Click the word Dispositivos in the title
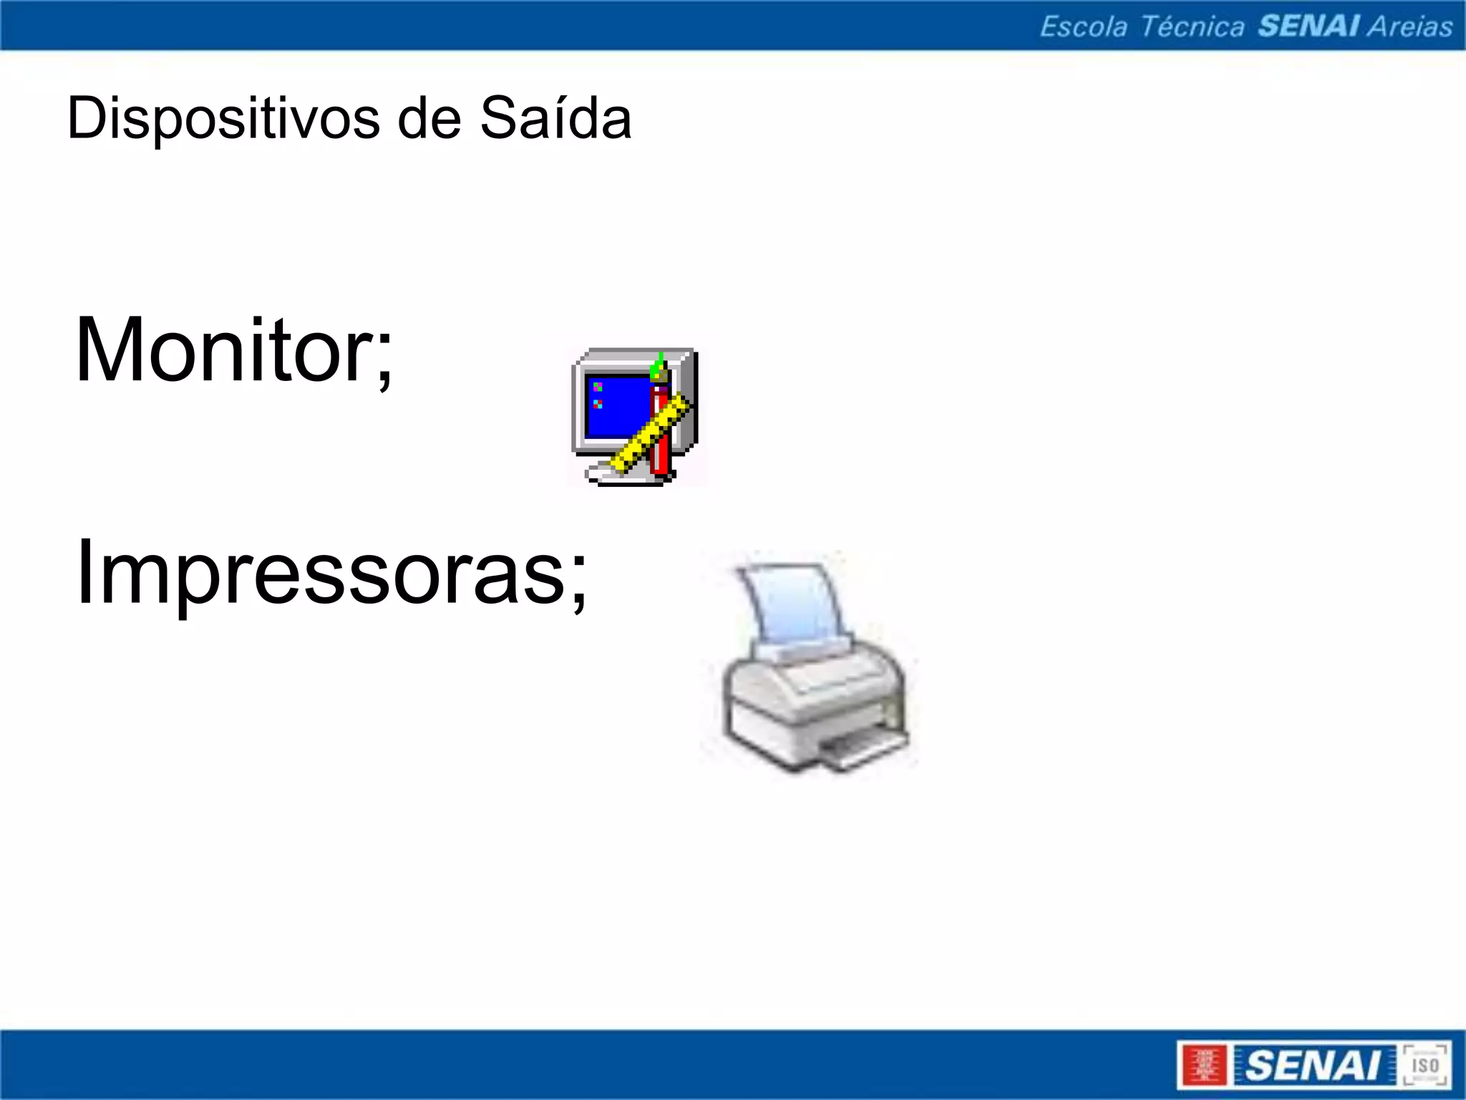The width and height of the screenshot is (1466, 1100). [223, 119]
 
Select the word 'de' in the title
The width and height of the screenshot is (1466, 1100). [429, 119]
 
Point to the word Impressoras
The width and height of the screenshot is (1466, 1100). [322, 573]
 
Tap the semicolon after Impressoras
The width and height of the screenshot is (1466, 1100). [578, 584]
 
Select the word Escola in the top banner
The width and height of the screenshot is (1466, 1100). [1082, 27]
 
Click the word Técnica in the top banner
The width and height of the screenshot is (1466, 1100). [1191, 27]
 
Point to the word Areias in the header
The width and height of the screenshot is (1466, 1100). [1410, 27]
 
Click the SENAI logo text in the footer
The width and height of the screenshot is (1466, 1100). [1313, 1066]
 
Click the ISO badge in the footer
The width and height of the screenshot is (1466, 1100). [1424, 1066]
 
